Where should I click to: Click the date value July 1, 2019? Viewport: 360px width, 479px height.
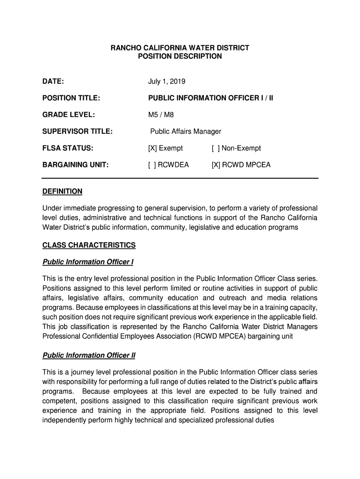pos(167,81)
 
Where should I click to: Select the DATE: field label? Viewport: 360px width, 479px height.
pos(53,81)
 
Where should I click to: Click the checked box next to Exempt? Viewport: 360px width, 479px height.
pos(152,148)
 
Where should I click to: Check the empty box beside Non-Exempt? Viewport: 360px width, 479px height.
pos(215,148)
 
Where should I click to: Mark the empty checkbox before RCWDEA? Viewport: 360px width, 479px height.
pos(152,165)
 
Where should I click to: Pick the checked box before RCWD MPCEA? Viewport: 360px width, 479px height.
pos(216,165)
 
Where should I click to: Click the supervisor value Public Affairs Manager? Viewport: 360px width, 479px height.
pos(186,131)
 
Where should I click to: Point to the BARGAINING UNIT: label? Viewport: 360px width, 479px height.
pos(75,165)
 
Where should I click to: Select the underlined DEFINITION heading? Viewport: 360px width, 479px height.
pos(62,191)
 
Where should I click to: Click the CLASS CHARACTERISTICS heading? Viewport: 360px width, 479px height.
pos(89,245)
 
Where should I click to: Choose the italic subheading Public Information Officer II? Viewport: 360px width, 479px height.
pos(89,355)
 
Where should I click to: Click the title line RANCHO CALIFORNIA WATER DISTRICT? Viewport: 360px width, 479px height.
pos(180,48)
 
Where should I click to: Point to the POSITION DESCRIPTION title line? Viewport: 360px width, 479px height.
pos(180,56)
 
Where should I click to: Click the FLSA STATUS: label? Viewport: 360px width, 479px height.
pos(68,148)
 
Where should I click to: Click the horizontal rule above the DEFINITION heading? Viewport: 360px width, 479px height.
pos(180,178)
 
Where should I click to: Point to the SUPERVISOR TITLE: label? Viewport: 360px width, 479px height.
pos(77,131)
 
